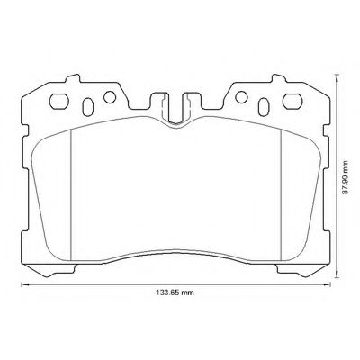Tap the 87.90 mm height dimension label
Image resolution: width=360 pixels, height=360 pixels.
point(346,177)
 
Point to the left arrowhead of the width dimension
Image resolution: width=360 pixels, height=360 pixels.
point(23,284)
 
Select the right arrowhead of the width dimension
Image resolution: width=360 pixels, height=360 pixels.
point(328,284)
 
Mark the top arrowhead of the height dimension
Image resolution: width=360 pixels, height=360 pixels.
point(337,76)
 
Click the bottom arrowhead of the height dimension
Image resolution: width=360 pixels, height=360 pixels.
point(337,275)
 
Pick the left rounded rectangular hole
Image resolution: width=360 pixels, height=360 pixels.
point(59,102)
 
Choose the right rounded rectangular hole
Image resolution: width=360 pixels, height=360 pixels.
point(292,102)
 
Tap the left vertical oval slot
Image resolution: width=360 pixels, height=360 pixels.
point(87,106)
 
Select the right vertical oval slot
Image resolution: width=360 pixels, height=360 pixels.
point(264,107)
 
